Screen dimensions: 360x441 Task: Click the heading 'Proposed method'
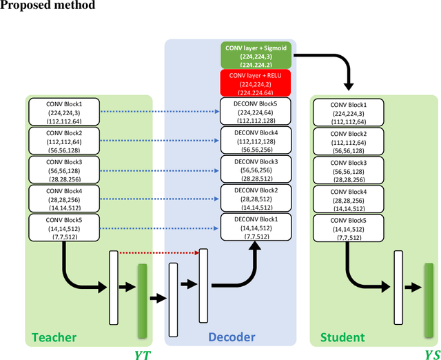click(x=48, y=6)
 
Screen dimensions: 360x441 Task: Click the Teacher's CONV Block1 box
click(x=65, y=110)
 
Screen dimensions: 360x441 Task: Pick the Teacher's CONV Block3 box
click(x=65, y=168)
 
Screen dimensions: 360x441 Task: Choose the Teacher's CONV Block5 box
click(x=65, y=227)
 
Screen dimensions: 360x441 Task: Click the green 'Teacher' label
click(x=54, y=337)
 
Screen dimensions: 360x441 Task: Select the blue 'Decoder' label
click(x=232, y=337)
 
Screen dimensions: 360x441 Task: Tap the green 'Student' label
click(x=342, y=337)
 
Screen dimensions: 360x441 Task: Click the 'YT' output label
click(x=143, y=352)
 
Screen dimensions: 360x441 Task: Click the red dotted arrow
click(x=158, y=252)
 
